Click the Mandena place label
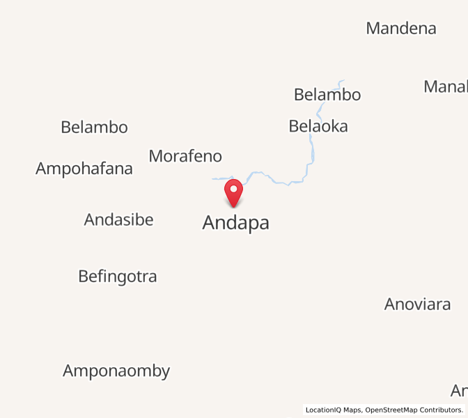401,29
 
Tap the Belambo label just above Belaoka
327,95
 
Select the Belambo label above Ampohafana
94,127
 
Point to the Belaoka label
318,126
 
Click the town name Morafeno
185,156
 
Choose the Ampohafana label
84,169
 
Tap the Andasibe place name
118,220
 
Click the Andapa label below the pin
235,223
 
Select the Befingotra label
118,277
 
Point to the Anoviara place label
417,304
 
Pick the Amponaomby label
116,371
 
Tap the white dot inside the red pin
233,188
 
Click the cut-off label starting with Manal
446,87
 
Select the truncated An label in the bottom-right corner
459,390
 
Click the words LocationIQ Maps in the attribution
334,410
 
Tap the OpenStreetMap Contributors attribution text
414,410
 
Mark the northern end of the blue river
343,80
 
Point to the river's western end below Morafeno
213,179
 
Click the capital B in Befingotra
84,277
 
